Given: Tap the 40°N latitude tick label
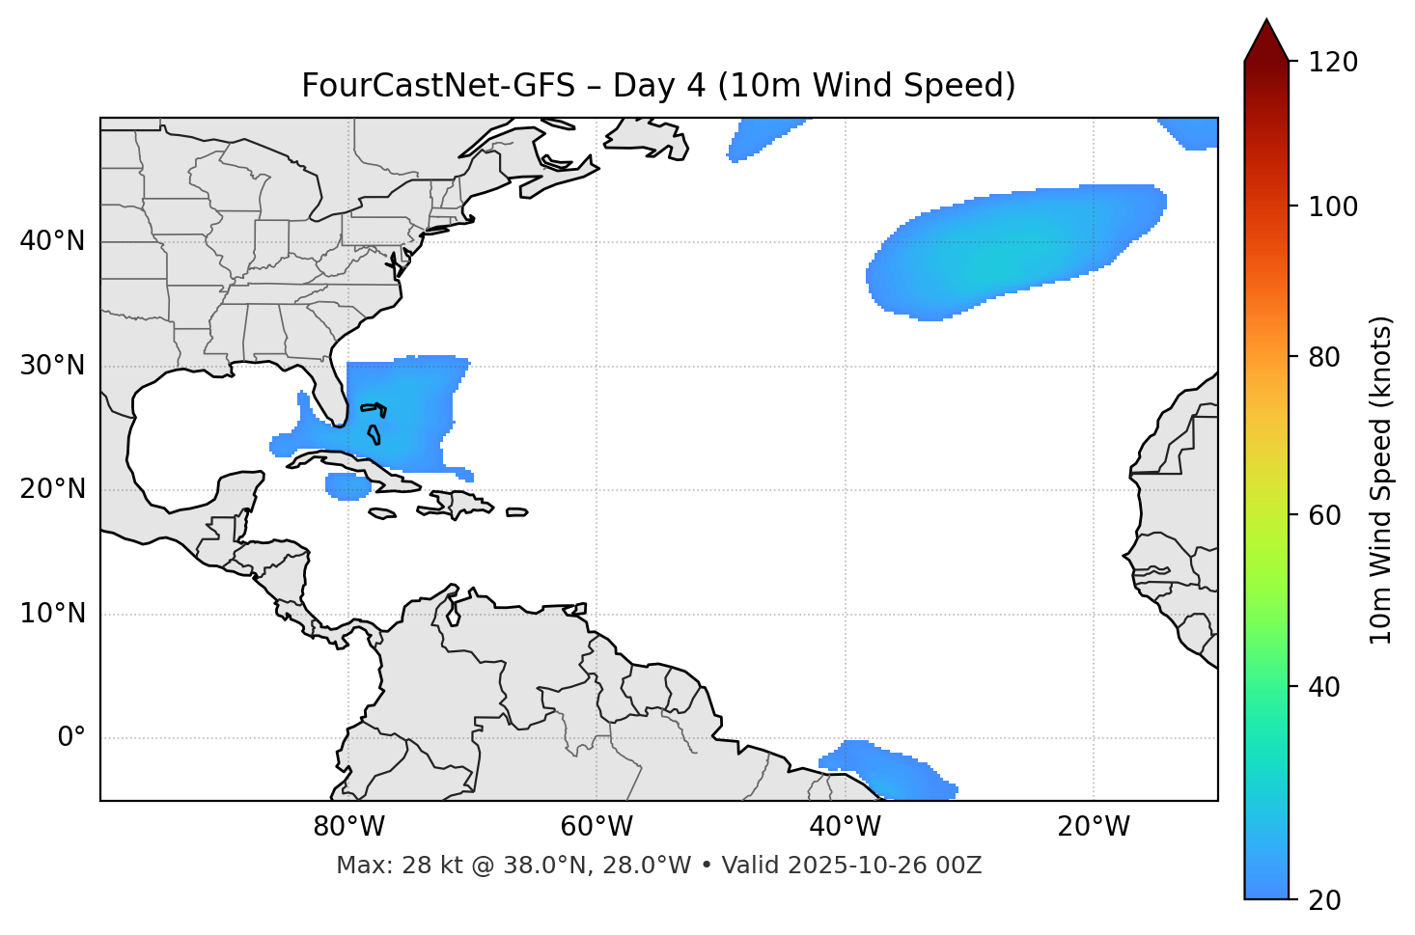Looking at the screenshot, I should tap(52, 241).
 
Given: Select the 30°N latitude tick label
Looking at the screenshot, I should tap(52, 366).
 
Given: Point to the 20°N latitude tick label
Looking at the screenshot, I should tap(52, 489).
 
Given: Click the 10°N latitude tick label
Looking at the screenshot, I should tap(52, 614).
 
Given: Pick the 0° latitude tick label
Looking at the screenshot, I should tap(71, 738).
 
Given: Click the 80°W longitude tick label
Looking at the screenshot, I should tap(348, 827).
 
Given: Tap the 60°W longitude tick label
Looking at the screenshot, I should tap(597, 827).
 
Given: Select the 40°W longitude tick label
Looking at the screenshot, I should tap(845, 827).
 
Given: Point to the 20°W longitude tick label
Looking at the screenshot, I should tap(1094, 827).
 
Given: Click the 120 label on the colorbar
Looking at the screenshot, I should tap(1332, 63).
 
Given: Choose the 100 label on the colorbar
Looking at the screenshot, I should tap(1332, 206).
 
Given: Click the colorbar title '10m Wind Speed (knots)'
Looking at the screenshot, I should tap(1381, 480).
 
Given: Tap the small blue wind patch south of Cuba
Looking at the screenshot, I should tap(347, 485).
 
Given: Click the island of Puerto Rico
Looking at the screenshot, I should tap(517, 512).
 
